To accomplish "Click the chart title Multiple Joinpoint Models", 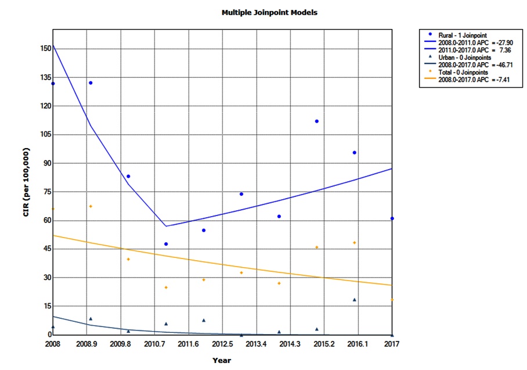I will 269,12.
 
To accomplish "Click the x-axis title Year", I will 221,360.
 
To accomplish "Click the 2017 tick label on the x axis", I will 392,344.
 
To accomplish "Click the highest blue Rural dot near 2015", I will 317,121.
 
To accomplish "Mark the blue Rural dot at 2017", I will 392,218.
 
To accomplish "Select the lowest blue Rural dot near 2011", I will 166,244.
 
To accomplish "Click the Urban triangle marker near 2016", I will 355,300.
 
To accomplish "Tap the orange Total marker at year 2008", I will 53,209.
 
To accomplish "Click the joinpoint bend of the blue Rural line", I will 166,226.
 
